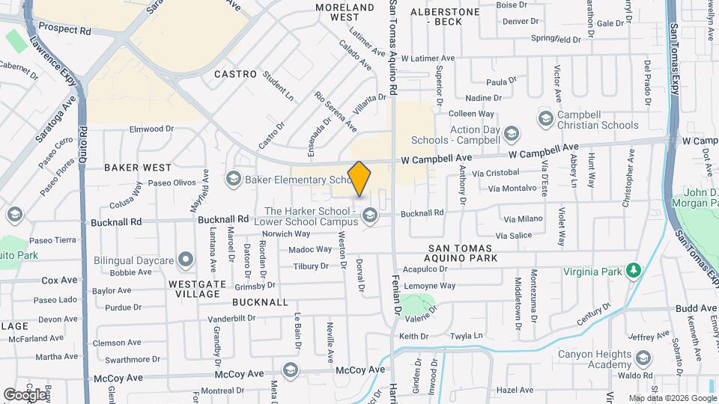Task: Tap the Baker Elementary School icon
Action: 233,178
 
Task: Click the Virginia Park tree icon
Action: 634,270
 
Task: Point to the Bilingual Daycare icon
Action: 186,260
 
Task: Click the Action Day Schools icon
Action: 512,134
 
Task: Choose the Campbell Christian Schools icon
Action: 546,118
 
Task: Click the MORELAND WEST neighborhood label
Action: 345,12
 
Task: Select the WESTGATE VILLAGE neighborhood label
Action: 195,290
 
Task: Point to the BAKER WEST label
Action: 137,168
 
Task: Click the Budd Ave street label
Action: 695,308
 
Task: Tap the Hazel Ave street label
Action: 515,390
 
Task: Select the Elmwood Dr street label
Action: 151,129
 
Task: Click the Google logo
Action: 24,394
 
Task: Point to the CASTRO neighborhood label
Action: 235,75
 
